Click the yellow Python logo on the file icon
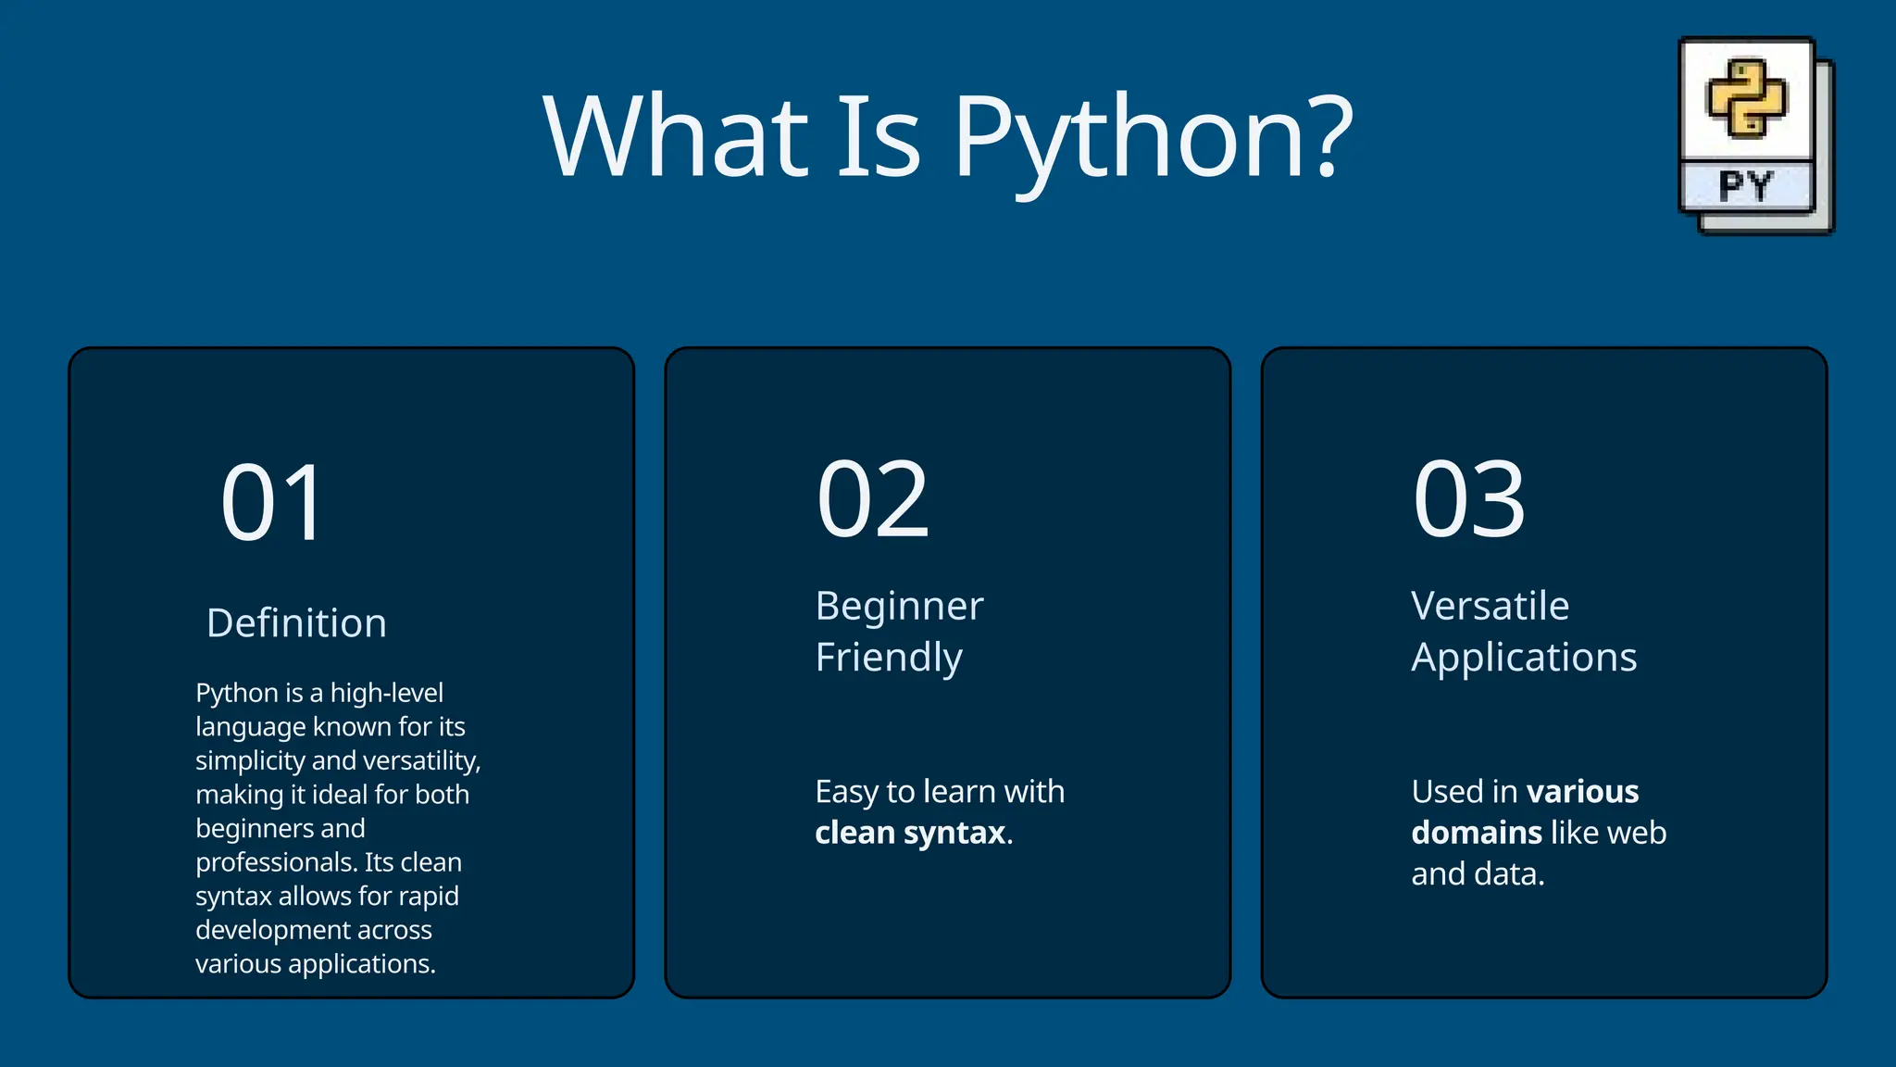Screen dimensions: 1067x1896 1746,98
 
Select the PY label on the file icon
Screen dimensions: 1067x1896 1746,186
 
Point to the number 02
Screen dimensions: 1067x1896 872,501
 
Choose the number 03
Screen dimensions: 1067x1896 1468,501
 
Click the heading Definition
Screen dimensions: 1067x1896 296,623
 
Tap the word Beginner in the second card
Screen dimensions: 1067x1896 899,607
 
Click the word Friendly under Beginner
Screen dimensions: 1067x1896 889,658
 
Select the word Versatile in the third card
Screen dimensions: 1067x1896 1490,607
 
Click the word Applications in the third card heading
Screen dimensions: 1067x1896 1524,658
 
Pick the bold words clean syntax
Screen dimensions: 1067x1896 910,833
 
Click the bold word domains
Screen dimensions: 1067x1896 1476,833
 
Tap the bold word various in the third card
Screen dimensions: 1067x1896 1582,792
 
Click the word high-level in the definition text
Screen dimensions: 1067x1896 386,693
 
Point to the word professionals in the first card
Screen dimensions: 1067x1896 276,862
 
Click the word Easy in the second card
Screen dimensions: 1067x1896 846,792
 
